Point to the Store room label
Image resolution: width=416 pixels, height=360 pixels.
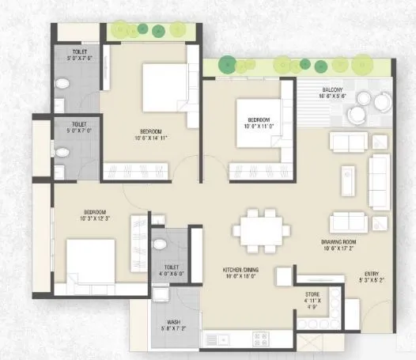click(312, 294)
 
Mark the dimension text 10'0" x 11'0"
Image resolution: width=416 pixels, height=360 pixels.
click(259, 125)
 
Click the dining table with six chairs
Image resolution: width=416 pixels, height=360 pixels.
click(259, 230)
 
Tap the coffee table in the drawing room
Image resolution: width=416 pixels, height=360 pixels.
click(348, 182)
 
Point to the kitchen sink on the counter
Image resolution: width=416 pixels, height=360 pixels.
click(212, 339)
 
